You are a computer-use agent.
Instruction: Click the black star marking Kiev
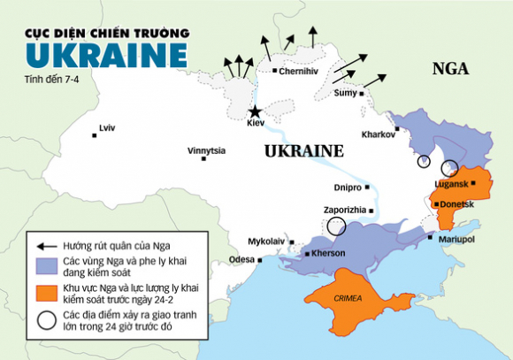click(x=256, y=112)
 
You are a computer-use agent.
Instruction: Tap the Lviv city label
click(x=107, y=128)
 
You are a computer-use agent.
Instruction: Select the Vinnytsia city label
click(x=206, y=150)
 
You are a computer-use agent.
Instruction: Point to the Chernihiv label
click(x=297, y=71)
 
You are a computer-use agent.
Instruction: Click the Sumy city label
click(x=345, y=93)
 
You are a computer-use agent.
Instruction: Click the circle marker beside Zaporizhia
click(x=336, y=226)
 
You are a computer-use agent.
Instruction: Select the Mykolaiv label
click(x=265, y=241)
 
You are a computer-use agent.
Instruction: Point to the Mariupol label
click(x=457, y=239)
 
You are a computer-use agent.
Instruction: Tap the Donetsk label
click(x=457, y=203)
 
